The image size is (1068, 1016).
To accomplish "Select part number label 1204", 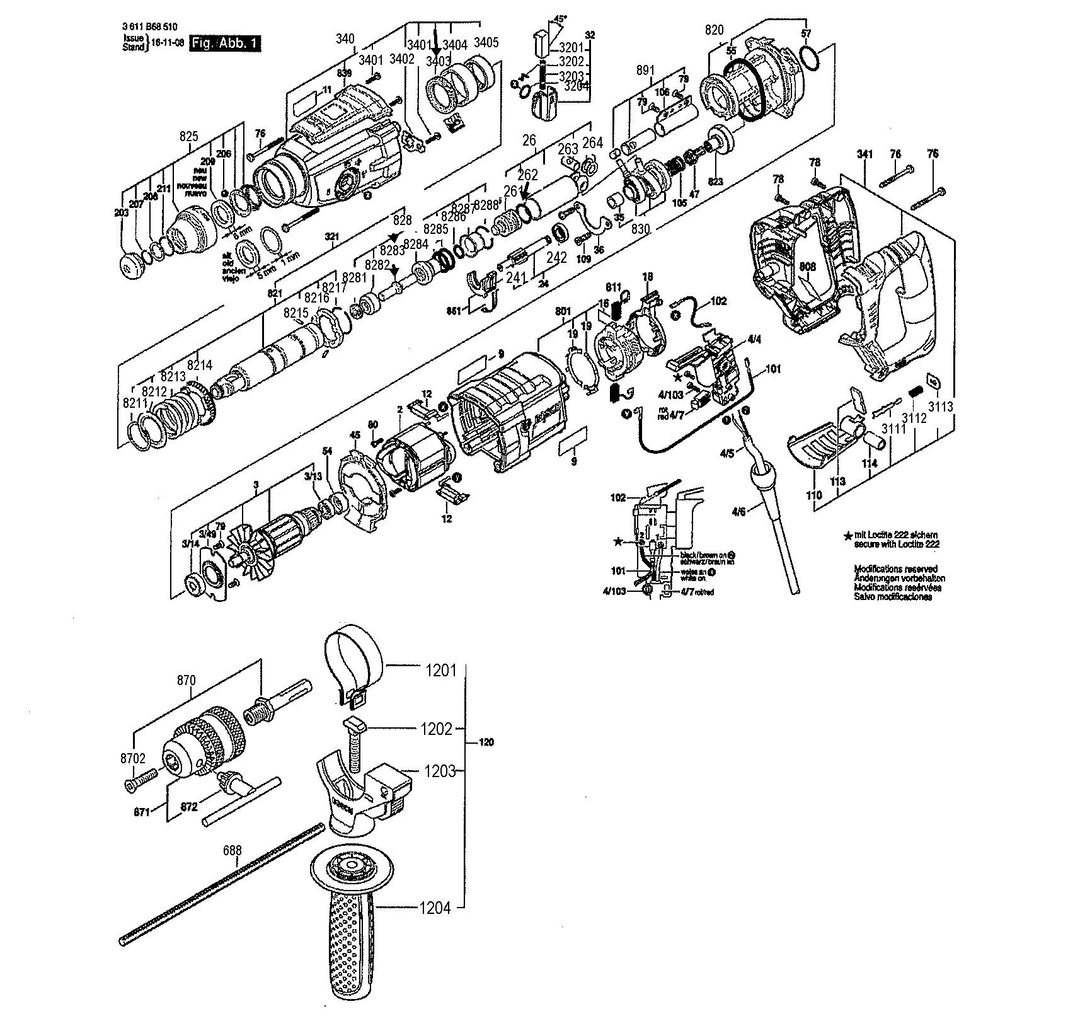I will click(x=436, y=908).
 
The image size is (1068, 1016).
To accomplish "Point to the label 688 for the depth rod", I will click(x=233, y=850).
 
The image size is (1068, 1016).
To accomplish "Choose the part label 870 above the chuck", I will click(x=187, y=681).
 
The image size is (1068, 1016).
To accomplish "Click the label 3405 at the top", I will click(x=486, y=43).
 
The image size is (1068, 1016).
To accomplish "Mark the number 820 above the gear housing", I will click(x=714, y=29).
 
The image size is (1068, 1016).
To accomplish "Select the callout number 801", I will click(x=563, y=311).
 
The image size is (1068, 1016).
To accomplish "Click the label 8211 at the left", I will click(x=135, y=402).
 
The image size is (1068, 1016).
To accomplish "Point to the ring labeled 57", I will click(x=810, y=58).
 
